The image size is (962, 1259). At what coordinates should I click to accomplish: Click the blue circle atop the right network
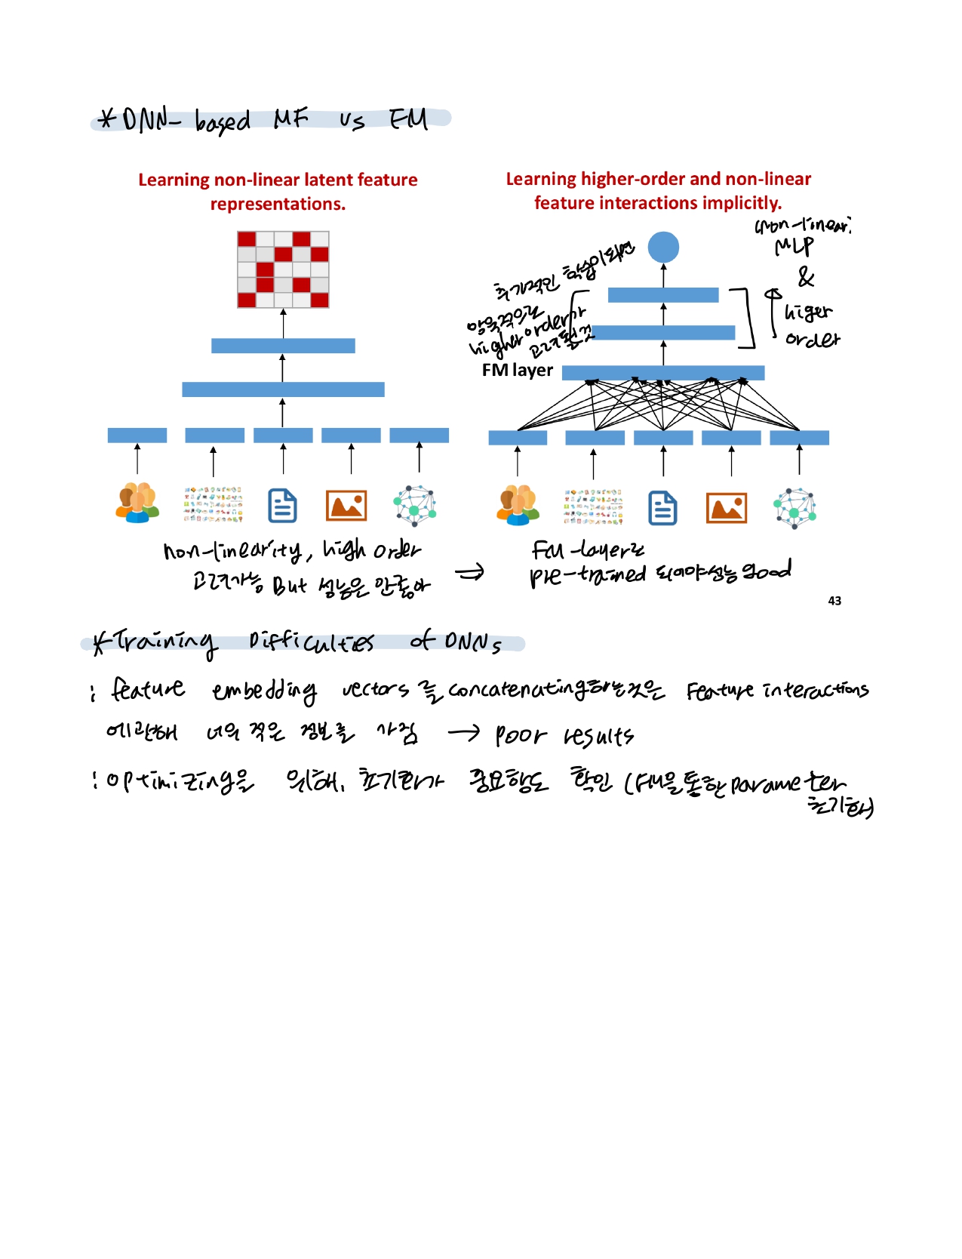pos(663,247)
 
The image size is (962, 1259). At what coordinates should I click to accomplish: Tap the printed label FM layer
pos(517,371)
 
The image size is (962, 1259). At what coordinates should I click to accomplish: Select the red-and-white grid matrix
pos(283,269)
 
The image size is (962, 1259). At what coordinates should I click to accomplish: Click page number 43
pos(834,601)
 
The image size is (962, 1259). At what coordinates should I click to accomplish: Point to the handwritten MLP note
pos(794,247)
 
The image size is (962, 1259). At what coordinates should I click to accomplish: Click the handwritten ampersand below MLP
pos(806,278)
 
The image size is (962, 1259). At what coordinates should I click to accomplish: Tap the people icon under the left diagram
pos(137,503)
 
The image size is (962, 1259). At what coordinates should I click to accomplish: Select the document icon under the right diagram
pos(662,508)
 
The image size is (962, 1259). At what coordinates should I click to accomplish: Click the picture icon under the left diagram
pos(346,506)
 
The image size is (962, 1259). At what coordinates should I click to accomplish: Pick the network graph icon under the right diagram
pos(794,508)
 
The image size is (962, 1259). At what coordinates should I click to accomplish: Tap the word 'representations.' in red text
pos(278,204)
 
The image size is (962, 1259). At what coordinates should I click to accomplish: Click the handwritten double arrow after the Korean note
pos(469,574)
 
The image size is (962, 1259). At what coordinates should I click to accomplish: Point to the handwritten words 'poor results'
pos(564,736)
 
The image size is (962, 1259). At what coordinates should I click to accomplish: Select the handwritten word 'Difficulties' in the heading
pos(311,642)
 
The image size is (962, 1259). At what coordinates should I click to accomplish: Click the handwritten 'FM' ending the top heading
pos(408,119)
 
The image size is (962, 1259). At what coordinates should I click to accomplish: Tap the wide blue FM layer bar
pos(662,373)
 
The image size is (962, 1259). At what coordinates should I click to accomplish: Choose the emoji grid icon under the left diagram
pos(214,505)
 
